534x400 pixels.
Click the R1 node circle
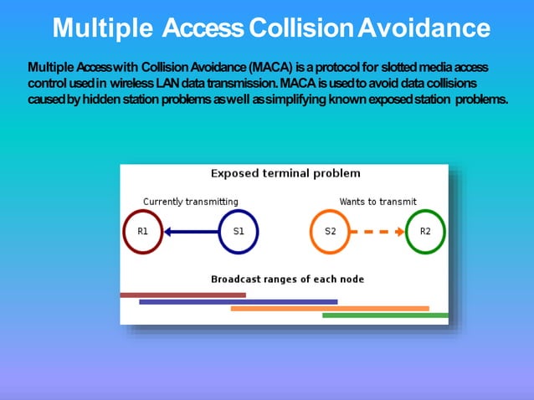click(x=142, y=232)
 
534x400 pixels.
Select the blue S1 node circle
click(x=239, y=232)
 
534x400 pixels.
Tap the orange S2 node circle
click(x=331, y=232)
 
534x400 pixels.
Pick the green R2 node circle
click(x=425, y=232)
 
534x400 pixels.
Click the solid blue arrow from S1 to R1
click(x=190, y=232)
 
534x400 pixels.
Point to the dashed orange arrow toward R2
click(x=377, y=232)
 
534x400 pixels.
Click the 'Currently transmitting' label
click(x=190, y=202)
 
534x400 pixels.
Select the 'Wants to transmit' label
click(x=377, y=202)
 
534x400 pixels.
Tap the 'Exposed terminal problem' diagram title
click(x=285, y=174)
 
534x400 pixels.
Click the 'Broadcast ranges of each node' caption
click(x=287, y=279)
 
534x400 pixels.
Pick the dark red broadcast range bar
click(x=182, y=295)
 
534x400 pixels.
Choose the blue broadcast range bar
click(x=238, y=301)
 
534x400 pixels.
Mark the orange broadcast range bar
click(x=329, y=308)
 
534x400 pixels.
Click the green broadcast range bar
click(x=385, y=315)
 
